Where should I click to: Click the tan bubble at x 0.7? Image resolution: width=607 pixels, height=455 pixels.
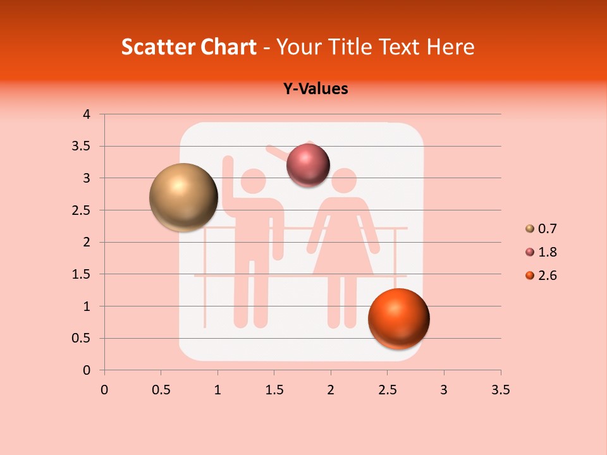click(183, 197)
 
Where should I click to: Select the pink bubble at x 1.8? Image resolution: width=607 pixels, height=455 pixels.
click(308, 166)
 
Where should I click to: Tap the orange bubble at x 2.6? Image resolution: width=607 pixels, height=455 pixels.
click(398, 318)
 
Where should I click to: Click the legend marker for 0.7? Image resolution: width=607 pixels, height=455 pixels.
click(530, 229)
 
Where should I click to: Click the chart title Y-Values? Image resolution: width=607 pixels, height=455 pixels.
click(316, 88)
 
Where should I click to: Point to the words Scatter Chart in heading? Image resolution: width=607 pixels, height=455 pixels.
click(188, 47)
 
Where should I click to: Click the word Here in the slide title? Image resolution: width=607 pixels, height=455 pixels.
click(451, 47)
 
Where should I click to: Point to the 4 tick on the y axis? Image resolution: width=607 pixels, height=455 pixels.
click(87, 114)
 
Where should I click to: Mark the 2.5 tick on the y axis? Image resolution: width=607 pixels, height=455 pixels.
click(82, 210)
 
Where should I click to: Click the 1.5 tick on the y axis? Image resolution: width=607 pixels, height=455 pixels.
click(82, 274)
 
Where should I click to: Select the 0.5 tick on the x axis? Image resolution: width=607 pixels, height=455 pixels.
click(161, 390)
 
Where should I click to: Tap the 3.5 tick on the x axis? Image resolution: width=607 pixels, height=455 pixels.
click(500, 390)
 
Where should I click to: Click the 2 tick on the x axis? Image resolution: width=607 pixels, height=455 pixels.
click(331, 390)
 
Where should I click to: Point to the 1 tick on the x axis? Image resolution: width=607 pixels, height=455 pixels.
click(218, 390)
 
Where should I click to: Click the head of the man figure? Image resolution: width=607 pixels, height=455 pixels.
click(254, 181)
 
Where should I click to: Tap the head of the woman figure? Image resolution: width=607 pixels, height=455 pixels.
click(345, 181)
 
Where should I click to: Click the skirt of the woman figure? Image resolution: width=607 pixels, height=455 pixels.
click(343, 253)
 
